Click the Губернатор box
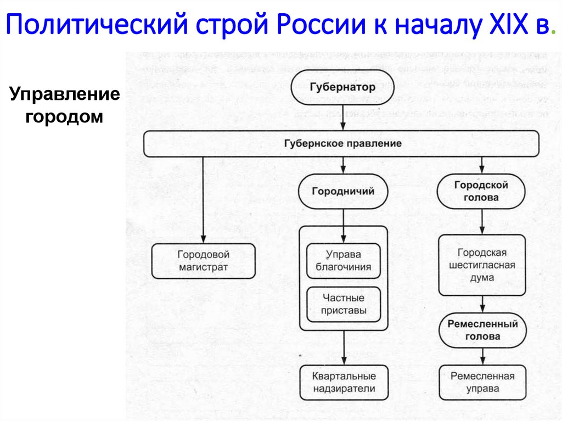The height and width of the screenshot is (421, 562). pos(342,87)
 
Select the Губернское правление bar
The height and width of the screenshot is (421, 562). pos(342,144)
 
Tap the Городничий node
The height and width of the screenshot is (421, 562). pos(343,192)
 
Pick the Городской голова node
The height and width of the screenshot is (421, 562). pos(481,192)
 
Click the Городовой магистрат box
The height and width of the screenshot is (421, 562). pos(203,261)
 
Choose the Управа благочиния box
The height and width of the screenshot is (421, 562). pos(344,261)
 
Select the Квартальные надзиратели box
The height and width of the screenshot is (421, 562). pos(344,383)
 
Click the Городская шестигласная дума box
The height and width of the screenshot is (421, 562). pos(482,265)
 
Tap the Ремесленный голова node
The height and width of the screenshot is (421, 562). pos(482,330)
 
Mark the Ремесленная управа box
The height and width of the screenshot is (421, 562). pos(482,383)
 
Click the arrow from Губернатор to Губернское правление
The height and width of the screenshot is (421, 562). pos(343,117)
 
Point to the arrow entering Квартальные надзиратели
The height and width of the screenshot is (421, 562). pos(344,348)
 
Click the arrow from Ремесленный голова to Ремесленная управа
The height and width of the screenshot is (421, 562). pos(482,356)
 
